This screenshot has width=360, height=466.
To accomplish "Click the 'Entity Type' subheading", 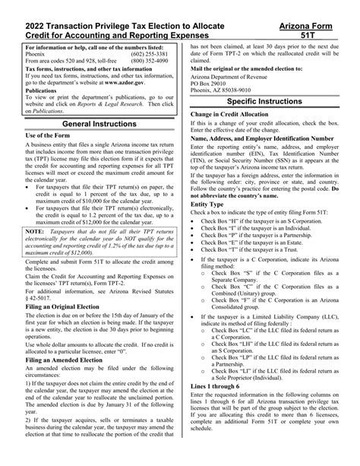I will pyautogui.click(x=207, y=204).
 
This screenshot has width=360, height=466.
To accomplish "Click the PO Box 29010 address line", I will pyautogui.click(x=212, y=81).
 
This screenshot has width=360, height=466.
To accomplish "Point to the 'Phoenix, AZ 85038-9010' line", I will pyautogui.click(x=226, y=87).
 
